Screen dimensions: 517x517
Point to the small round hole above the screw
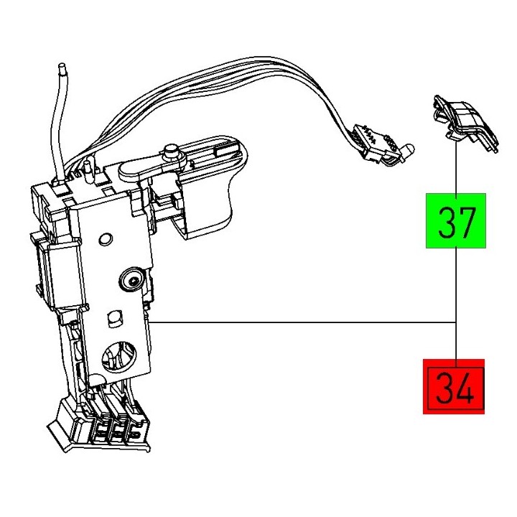click(106, 238)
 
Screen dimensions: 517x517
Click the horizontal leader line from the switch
click(302, 322)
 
